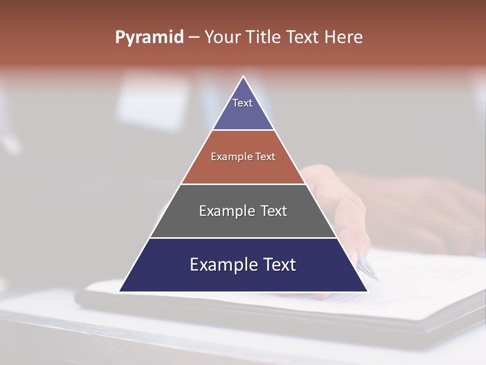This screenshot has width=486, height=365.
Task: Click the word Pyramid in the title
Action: point(149,38)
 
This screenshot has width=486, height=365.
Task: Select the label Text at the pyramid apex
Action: point(242,103)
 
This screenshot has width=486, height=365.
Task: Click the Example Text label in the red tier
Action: point(243,157)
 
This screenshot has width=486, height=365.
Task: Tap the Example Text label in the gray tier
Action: point(243,211)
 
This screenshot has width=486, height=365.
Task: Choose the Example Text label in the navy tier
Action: point(243,265)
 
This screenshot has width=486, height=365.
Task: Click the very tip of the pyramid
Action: point(244,77)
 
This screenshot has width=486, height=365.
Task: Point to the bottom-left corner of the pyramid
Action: point(120,291)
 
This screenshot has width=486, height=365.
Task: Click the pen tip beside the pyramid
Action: point(376,277)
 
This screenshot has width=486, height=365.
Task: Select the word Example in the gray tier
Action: point(221,211)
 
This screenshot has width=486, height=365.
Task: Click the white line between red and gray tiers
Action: point(243,184)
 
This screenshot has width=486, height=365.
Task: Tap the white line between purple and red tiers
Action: point(243,130)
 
